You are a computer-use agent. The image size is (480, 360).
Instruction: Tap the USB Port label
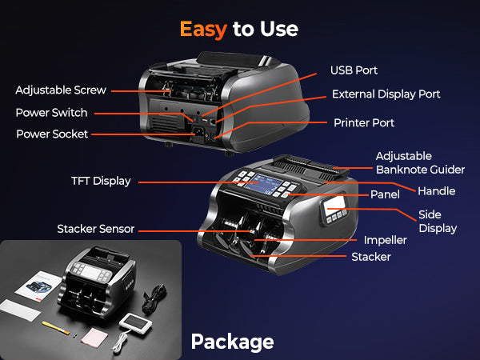354,70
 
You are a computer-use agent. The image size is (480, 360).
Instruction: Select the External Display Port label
386,94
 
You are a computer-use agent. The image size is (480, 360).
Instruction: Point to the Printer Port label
364,122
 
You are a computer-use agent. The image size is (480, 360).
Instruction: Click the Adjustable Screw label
61,90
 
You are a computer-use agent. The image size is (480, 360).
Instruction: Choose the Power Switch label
51,113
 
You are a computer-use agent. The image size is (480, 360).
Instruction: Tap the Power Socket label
52,134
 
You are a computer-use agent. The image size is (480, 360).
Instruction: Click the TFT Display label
101,181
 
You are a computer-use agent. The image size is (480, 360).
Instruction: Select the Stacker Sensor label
96,229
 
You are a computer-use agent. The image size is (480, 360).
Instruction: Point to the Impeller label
385,240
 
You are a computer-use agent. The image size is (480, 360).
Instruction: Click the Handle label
437,191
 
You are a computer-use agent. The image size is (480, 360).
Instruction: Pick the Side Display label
438,222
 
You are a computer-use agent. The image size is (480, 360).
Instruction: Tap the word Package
232,342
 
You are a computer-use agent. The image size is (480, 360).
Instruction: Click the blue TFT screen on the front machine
264,184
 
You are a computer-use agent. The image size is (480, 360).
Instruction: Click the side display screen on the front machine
334,203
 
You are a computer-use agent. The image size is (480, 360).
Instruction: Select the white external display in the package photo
136,323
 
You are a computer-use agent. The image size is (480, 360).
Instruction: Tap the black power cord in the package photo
154,298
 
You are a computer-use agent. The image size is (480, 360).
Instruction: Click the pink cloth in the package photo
94,338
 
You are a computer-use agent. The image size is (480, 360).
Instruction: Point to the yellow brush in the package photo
56,327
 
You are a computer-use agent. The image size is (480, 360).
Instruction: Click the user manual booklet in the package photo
38,286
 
